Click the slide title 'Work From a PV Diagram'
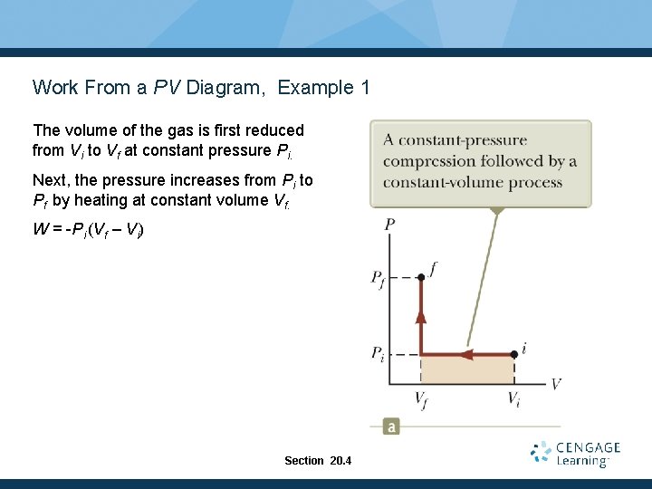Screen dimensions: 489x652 pyautogui.click(x=150, y=88)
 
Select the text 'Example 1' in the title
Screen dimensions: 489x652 pyautogui.click(x=323, y=88)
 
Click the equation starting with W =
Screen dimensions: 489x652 pyautogui.click(x=88, y=229)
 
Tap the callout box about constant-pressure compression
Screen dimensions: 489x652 pyautogui.click(x=480, y=162)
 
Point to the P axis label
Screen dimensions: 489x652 pyautogui.click(x=389, y=224)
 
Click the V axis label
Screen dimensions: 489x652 pyautogui.click(x=555, y=384)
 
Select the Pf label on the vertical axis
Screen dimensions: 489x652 pyautogui.click(x=379, y=278)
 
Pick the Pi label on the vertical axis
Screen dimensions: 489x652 pyautogui.click(x=379, y=354)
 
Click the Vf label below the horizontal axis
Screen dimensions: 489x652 pyautogui.click(x=421, y=399)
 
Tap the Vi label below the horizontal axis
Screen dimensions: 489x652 pyautogui.click(x=513, y=399)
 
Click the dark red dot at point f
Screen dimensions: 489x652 pyautogui.click(x=421, y=277)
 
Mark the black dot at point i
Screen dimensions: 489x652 pyautogui.click(x=514, y=353)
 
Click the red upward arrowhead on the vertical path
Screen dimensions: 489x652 pyautogui.click(x=421, y=316)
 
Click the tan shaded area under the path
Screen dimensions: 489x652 pyautogui.click(x=467, y=369)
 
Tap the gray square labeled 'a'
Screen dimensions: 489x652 pyautogui.click(x=391, y=426)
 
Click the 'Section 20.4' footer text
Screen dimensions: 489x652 pyautogui.click(x=317, y=461)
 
